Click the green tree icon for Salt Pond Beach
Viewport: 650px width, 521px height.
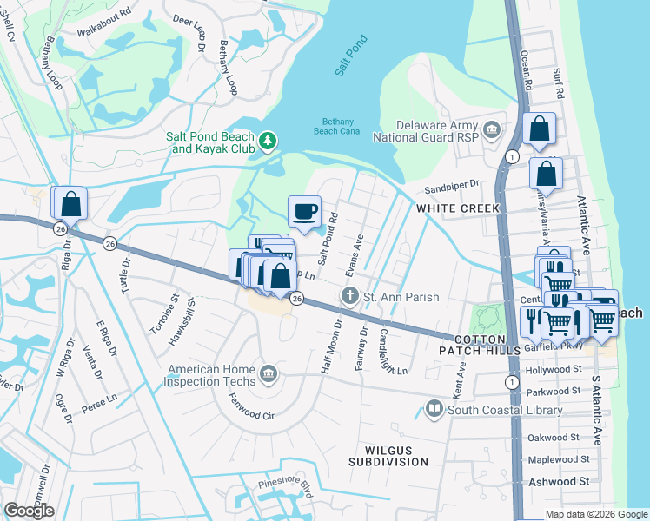coord(269,140)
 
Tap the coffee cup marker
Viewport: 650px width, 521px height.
coord(304,212)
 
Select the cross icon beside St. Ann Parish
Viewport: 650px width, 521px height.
coord(350,296)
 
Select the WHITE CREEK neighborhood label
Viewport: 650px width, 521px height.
coord(457,208)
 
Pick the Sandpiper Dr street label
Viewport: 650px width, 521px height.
coord(452,185)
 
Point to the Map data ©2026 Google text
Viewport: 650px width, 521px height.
coord(596,513)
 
